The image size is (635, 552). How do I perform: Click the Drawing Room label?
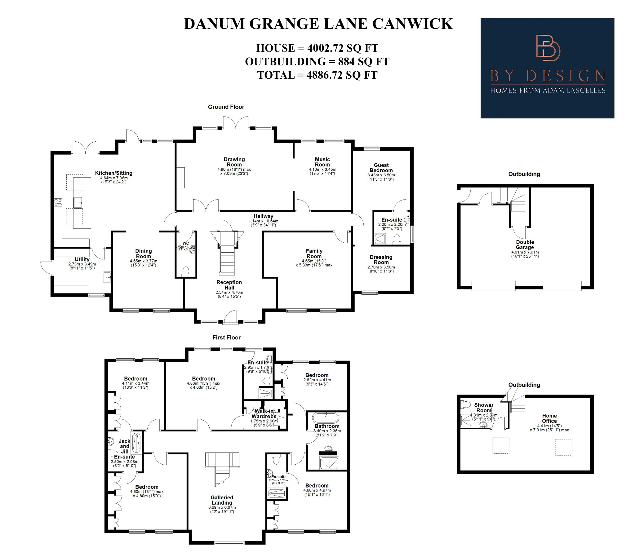click(234, 162)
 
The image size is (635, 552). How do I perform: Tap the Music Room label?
click(322, 162)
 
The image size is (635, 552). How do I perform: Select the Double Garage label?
click(525, 245)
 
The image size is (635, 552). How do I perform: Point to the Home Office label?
click(549, 418)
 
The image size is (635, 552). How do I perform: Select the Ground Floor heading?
click(226, 107)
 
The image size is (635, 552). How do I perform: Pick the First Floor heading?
click(226, 338)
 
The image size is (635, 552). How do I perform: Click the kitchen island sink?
click(78, 203)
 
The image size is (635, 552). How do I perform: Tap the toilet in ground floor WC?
click(186, 272)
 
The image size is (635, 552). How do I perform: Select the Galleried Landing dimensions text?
click(222, 509)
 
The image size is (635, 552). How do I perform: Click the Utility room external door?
click(47, 267)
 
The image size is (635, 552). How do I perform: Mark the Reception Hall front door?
click(230, 317)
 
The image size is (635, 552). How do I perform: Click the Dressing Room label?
click(381, 259)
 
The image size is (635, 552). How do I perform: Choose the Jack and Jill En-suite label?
click(124, 448)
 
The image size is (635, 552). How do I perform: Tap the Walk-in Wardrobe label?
click(264, 413)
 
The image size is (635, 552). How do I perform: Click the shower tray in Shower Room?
click(466, 421)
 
